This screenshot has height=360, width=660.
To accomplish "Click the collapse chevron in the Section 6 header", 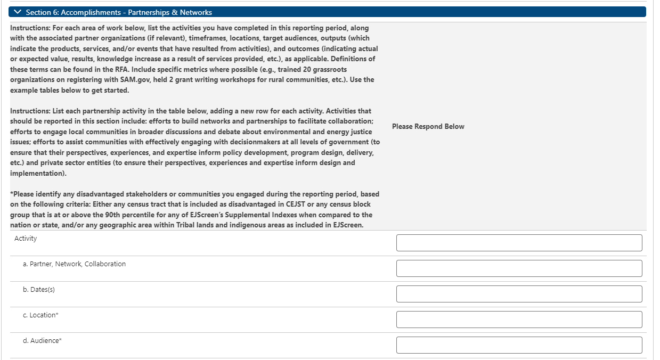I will coord(18,12).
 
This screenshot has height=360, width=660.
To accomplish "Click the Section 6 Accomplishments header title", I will coord(119,12).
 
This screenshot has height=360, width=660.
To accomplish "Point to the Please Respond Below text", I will coord(428,126).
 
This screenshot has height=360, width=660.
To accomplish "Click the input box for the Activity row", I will coord(519,243).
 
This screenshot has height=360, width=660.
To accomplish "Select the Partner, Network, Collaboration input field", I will coord(519,268).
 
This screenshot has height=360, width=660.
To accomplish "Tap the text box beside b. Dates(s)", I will coord(519,294).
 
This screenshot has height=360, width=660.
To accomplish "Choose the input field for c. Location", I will coord(519,320).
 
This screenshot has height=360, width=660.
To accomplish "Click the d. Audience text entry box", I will coord(519,345).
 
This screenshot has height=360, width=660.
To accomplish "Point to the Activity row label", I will coord(26,239).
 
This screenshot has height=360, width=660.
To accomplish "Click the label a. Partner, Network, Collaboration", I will coord(74,264).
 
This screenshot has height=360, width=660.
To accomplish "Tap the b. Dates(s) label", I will coord(39,290).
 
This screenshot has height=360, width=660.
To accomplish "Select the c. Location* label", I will coord(40,315).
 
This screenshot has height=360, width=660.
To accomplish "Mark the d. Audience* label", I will coord(42,341).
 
